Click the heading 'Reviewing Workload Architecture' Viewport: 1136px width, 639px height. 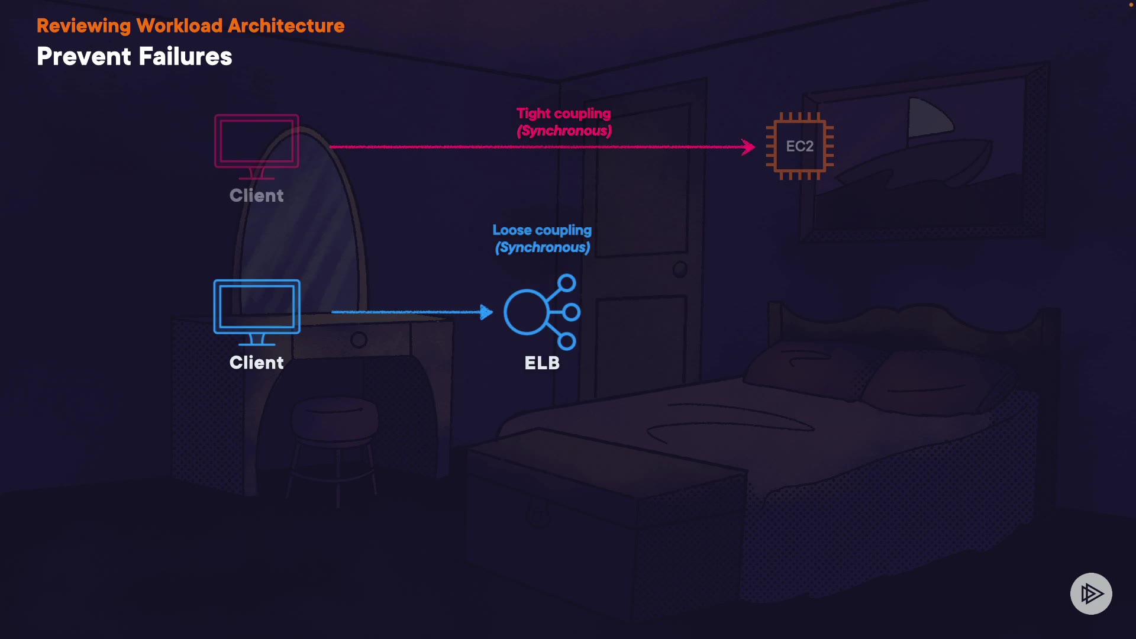pyautogui.click(x=190, y=26)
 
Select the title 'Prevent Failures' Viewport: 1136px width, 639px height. pyautogui.click(x=134, y=57)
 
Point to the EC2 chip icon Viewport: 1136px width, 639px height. pyautogui.click(x=799, y=146)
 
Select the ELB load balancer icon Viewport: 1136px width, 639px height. pyautogui.click(x=541, y=312)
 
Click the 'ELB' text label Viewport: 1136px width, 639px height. pyautogui.click(x=542, y=363)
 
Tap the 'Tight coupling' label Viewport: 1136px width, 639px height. pyautogui.click(x=563, y=114)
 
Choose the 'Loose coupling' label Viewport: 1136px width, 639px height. pyautogui.click(x=542, y=230)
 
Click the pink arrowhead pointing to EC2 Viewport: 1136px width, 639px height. pyautogui.click(x=749, y=147)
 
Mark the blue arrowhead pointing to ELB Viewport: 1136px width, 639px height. pyautogui.click(x=486, y=312)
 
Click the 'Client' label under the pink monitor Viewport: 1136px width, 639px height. pyautogui.click(x=257, y=196)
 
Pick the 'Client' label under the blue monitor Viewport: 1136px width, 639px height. pyautogui.click(x=257, y=363)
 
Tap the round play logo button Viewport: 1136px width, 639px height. pyautogui.click(x=1091, y=593)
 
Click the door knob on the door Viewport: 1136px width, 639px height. pyautogui.click(x=680, y=270)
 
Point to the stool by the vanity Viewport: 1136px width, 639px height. pyautogui.click(x=335, y=432)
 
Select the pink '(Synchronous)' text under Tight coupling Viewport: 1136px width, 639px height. pyautogui.click(x=564, y=131)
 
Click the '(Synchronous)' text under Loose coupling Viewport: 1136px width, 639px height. pyautogui.click(x=543, y=247)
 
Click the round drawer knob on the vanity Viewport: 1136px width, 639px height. pyautogui.click(x=359, y=340)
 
